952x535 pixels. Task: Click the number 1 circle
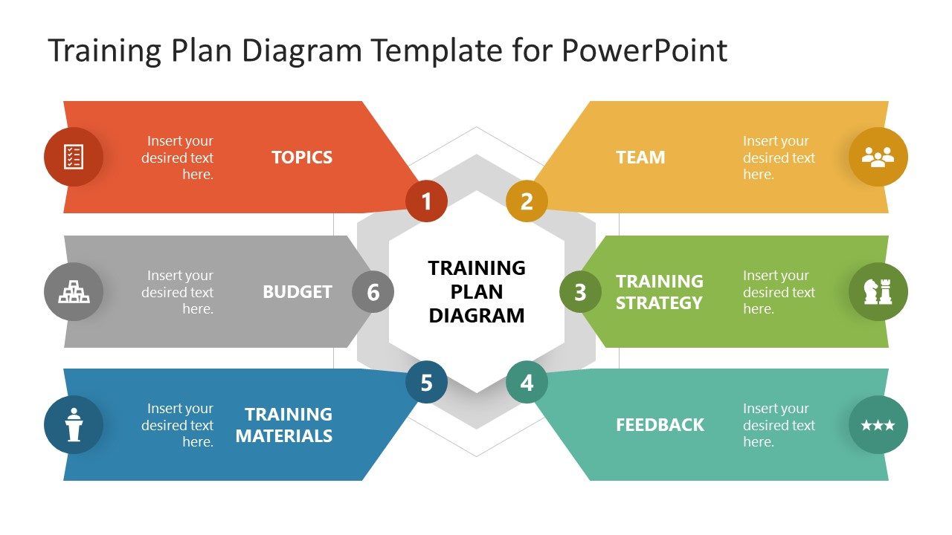[x=426, y=201]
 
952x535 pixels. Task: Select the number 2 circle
[x=527, y=201]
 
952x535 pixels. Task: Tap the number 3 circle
[x=580, y=292]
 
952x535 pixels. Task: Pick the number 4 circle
[x=527, y=383]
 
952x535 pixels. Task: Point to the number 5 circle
[x=426, y=383]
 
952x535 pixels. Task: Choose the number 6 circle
[x=373, y=292]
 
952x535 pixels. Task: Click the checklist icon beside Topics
[x=74, y=157]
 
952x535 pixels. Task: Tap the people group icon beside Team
[x=878, y=157]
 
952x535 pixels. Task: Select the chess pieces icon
[x=878, y=292]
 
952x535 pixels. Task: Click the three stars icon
[x=878, y=425]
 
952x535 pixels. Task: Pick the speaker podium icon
[x=74, y=425]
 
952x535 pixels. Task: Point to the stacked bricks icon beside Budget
[x=74, y=292]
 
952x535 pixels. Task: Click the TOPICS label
[x=302, y=158]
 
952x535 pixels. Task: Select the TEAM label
[x=640, y=158]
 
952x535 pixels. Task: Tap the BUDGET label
[x=297, y=292]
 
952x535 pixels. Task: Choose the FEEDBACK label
[x=660, y=425]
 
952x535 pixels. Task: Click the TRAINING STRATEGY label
[x=659, y=292]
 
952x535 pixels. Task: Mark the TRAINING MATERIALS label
[x=284, y=425]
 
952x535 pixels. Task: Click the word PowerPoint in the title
[x=644, y=51]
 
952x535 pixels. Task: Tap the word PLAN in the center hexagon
[x=477, y=291]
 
